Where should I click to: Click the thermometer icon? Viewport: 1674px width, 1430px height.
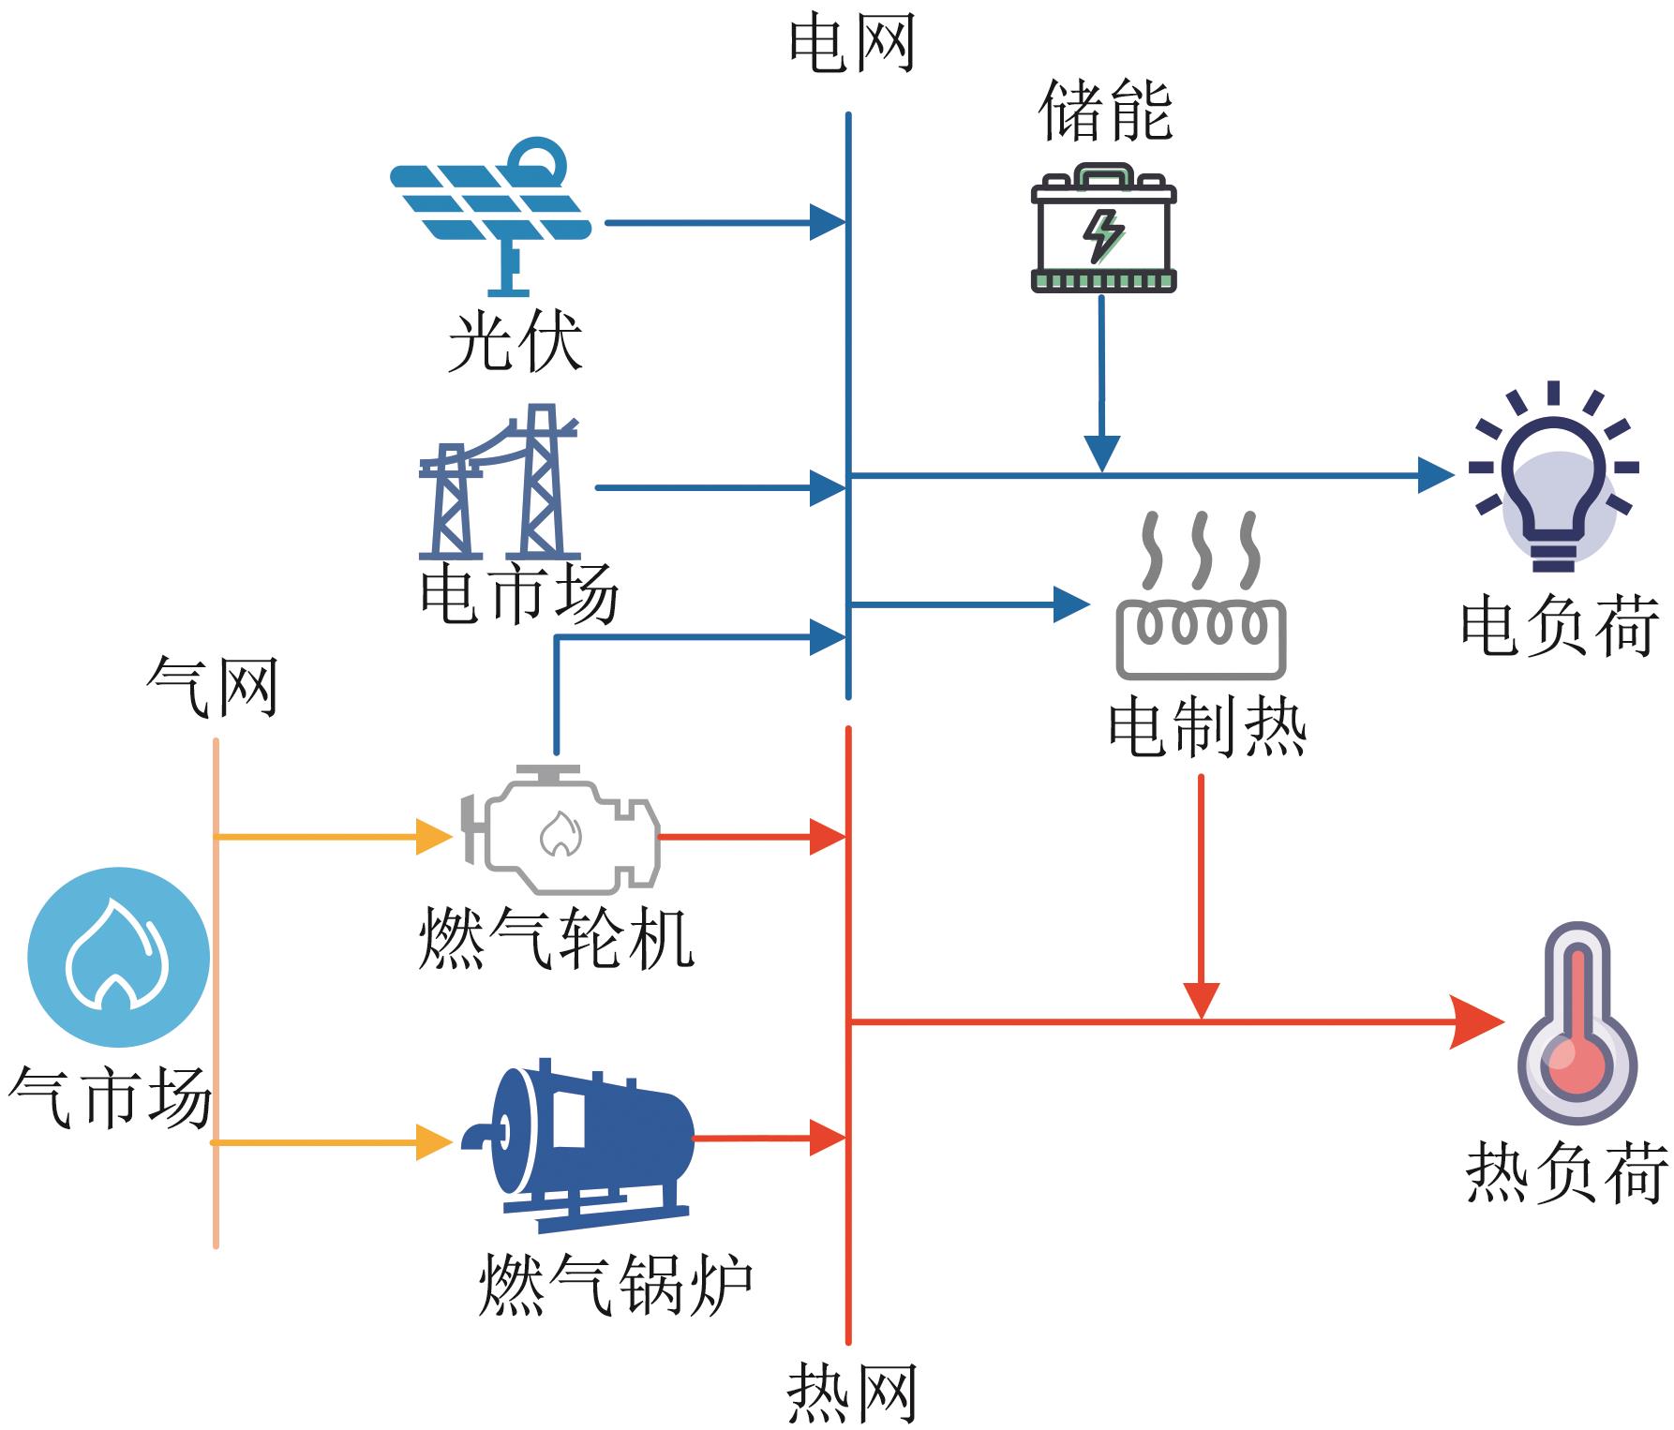(x=1577, y=1023)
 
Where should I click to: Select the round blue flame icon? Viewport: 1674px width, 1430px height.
(x=118, y=957)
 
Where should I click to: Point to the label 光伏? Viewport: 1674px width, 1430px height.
(x=515, y=341)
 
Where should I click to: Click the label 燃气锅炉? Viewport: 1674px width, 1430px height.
(x=616, y=1285)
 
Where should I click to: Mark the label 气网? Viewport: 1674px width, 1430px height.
(x=213, y=687)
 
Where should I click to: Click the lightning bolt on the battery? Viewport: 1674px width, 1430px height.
(x=1103, y=235)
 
